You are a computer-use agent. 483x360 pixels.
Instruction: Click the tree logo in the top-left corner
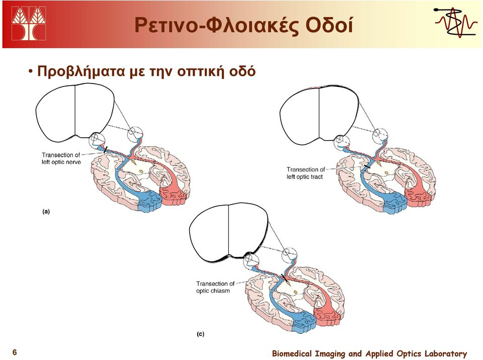[29, 24]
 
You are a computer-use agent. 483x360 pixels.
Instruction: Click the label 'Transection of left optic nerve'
[61, 158]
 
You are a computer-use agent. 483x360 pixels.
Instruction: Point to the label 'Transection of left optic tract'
[305, 173]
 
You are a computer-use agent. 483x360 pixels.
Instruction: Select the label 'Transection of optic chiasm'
[215, 287]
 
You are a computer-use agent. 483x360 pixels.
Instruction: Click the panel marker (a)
[46, 212]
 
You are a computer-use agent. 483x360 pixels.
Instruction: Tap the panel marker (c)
[201, 334]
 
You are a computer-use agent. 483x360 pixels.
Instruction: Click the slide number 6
[15, 352]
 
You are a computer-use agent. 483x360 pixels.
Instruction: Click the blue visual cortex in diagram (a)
[149, 200]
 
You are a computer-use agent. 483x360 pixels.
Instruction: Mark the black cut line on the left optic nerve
[105, 150]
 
